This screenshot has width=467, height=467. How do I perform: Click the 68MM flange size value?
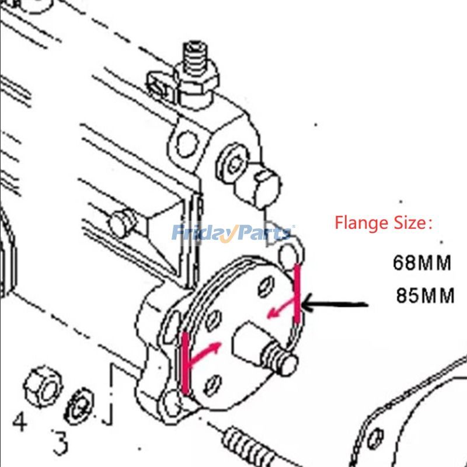pos(422,263)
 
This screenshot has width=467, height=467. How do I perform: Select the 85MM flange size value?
pos(425,295)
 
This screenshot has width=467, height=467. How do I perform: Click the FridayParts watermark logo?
pos(232,233)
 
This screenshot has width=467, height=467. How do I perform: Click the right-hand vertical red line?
pos(298,293)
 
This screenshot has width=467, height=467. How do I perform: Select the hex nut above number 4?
pos(44,386)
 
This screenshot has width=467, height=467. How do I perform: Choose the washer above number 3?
pos(80,405)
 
